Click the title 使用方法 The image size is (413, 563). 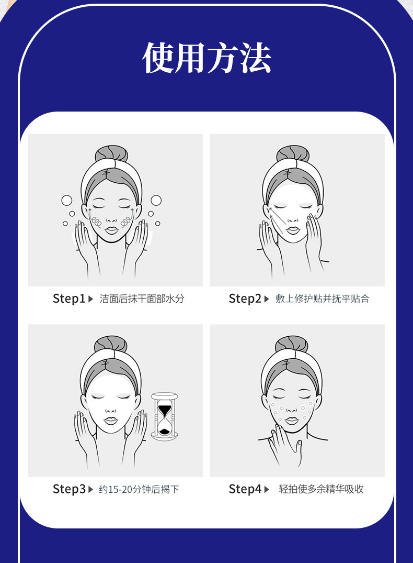coord(206,58)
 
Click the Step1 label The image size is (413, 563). coord(69,299)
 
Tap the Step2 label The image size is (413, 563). coord(245,299)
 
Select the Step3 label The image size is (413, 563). coord(69,489)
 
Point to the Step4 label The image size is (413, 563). coord(245,489)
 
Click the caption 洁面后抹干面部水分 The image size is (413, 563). coord(142,299)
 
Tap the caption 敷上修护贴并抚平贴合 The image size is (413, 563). coord(323,299)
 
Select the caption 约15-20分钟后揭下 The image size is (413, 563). coord(139,489)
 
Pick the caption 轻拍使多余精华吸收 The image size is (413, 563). coord(321,489)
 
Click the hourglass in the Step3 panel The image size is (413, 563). coord(164,416)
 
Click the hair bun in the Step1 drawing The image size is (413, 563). coord(111,154)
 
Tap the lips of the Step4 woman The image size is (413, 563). coord(292,421)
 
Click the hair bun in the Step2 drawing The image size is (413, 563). coord(293,154)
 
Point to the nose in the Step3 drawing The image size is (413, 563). coord(110,410)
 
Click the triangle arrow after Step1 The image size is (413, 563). coord(90,299)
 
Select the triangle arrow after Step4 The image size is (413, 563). coord(267,489)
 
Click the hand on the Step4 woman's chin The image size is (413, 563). coord(285,445)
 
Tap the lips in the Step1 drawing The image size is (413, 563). coord(111,230)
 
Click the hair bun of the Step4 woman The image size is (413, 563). coord(292,345)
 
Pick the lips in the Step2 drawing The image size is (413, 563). coord(293,230)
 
